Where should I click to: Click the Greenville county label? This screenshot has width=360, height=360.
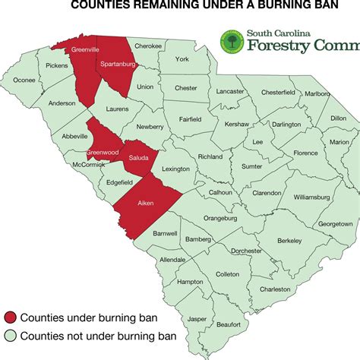coord(86,50)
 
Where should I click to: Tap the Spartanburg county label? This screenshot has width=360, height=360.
coord(117,65)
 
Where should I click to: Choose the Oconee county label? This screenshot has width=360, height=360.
coord(24,80)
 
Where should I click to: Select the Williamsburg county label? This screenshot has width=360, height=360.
coord(312,197)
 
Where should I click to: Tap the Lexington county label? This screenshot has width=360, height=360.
coord(175,169)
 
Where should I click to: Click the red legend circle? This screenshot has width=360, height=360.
coord(9,317)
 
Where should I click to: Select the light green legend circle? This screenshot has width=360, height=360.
coord(9,336)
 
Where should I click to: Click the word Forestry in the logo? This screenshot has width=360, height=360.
coord(279,46)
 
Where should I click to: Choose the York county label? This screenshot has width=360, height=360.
coord(181,58)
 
